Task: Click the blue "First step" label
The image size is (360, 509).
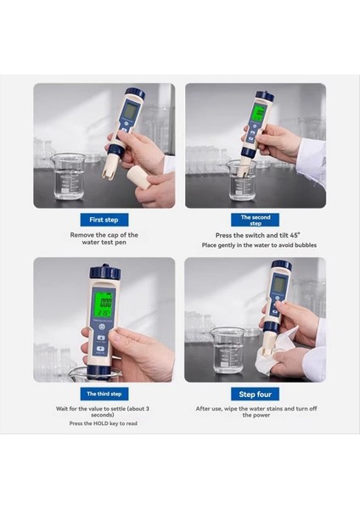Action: [104, 220]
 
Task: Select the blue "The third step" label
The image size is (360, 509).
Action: [104, 394]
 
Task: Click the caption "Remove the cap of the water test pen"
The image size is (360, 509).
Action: [104, 238]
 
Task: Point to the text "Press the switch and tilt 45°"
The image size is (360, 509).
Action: [255, 235]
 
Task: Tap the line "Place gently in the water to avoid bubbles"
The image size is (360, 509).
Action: [255, 245]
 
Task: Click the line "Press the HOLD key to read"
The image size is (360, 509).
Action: [104, 422]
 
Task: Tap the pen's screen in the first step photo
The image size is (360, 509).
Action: [129, 110]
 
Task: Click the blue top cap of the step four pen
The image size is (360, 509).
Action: [282, 266]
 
